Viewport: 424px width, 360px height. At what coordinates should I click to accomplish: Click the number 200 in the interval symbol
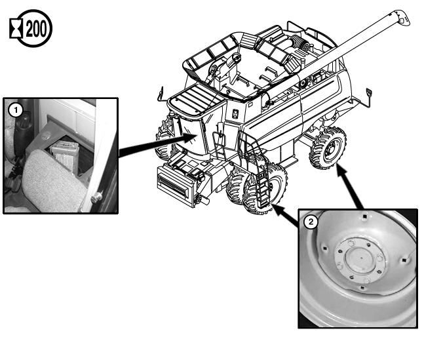click(x=36, y=29)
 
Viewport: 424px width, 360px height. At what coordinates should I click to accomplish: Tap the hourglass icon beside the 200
click(x=16, y=28)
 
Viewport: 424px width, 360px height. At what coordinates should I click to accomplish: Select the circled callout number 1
click(x=16, y=110)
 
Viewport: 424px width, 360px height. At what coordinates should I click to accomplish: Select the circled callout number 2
click(x=311, y=222)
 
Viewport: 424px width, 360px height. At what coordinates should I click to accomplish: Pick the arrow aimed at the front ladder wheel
click(x=286, y=215)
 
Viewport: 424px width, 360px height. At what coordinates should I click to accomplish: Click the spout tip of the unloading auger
click(x=403, y=18)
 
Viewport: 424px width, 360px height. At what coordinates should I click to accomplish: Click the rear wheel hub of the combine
click(x=331, y=149)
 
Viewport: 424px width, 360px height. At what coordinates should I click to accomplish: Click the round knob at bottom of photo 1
click(x=96, y=197)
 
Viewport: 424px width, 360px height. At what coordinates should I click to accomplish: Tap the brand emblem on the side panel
click(x=235, y=113)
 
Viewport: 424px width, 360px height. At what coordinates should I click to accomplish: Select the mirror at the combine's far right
click(x=368, y=92)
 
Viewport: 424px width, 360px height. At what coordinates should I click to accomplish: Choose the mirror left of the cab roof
click(x=161, y=92)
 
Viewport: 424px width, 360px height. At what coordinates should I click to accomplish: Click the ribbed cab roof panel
click(x=196, y=100)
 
